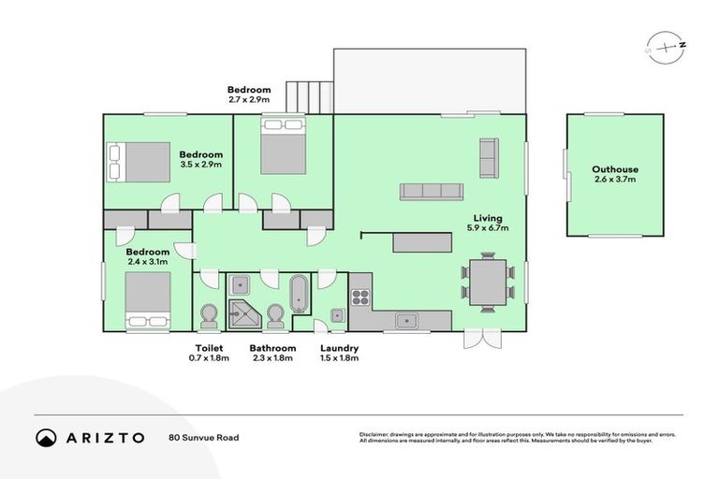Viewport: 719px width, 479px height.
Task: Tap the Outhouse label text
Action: pyautogui.click(x=615, y=169)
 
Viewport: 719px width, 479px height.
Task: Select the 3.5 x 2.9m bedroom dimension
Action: pyautogui.click(x=200, y=165)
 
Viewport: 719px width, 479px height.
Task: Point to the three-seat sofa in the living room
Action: pyautogui.click(x=432, y=191)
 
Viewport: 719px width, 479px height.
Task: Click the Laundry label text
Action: pyautogui.click(x=339, y=348)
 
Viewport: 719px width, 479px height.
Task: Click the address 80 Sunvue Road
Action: pyautogui.click(x=203, y=437)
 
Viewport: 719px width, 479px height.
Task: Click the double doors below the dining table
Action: pyautogui.click(x=485, y=339)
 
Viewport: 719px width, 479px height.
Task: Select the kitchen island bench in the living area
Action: pyautogui.click(x=422, y=242)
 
